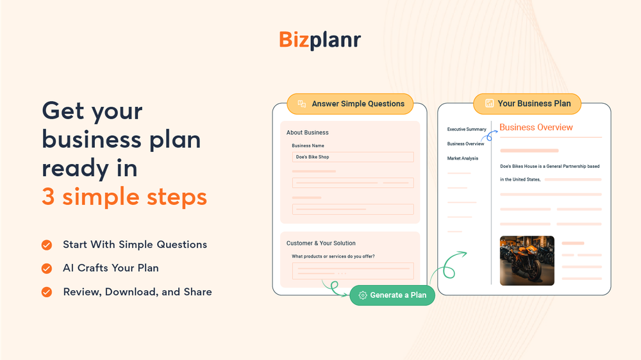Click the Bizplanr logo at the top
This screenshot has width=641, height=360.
[320, 40]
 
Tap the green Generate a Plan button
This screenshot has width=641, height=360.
[392, 295]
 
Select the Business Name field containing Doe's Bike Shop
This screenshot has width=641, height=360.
[353, 157]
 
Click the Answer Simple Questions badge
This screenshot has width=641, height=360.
[350, 104]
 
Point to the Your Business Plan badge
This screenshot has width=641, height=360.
[527, 103]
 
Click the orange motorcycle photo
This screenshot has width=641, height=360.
[527, 261]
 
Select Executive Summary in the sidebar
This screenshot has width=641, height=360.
[467, 129]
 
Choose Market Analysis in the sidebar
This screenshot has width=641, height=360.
[463, 158]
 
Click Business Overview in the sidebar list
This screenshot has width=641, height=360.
[465, 144]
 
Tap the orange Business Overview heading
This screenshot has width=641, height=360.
[536, 127]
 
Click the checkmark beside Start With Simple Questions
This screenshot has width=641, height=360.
[47, 245]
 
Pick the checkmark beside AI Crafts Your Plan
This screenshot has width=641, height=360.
[47, 268]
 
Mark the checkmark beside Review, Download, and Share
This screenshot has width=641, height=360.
[47, 292]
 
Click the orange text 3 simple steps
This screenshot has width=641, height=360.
[124, 197]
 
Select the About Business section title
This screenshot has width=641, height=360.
[308, 133]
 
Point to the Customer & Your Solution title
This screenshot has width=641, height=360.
[321, 243]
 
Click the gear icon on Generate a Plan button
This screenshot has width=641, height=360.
[363, 295]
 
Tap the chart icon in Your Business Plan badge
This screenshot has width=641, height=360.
[489, 103]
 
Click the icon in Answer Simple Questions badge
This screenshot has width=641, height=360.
[301, 104]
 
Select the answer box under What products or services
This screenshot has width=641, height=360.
[353, 270]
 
